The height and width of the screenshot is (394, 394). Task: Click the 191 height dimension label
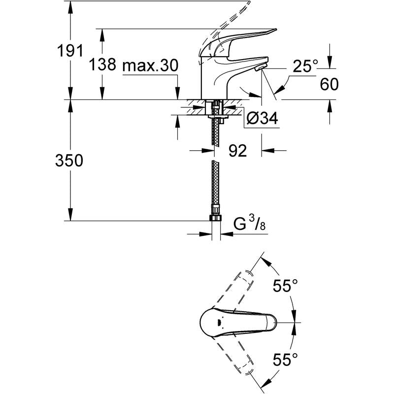(x=70, y=51)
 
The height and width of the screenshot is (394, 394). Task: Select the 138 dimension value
(x=102, y=64)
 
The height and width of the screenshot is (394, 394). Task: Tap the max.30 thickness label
(x=150, y=66)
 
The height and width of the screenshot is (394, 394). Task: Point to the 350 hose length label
(x=69, y=161)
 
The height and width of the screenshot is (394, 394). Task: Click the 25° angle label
(x=305, y=66)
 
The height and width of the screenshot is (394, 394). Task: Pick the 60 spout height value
(x=329, y=84)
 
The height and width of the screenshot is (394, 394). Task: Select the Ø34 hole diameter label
(x=263, y=118)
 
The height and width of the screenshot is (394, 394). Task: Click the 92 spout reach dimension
(x=238, y=151)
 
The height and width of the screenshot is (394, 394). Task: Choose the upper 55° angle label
(x=286, y=286)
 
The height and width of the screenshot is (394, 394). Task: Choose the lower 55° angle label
(x=286, y=360)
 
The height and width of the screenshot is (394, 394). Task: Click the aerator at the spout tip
(x=260, y=67)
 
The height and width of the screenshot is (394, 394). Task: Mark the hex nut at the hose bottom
(x=215, y=218)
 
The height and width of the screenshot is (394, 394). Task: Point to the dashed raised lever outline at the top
(x=225, y=29)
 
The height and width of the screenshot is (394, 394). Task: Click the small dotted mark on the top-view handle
(x=219, y=323)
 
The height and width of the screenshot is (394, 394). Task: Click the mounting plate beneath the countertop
(x=218, y=117)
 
